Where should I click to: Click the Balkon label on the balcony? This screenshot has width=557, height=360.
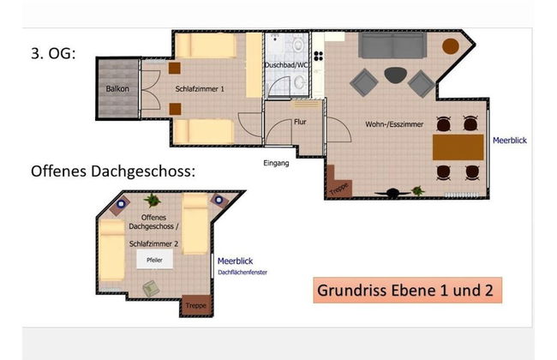[117, 89]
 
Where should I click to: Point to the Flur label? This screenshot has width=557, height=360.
[301, 122]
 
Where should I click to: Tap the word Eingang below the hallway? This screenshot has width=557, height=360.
[276, 163]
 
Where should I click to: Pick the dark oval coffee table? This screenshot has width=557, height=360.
[396, 75]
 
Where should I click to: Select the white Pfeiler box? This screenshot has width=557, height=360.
[154, 260]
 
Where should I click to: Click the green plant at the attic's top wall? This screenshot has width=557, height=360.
[153, 201]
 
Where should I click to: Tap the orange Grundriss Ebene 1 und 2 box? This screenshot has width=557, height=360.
[405, 289]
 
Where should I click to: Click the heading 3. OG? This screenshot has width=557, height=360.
[54, 53]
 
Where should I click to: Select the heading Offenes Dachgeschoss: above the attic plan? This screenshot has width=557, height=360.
[112, 171]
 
